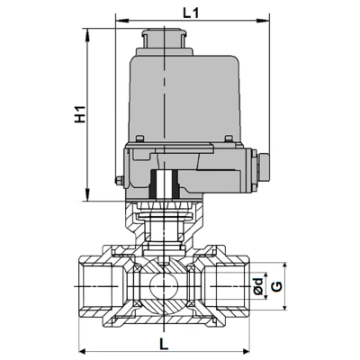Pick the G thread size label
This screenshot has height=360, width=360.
pyautogui.click(x=277, y=286)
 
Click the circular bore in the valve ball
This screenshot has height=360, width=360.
pyautogui.click(x=163, y=287)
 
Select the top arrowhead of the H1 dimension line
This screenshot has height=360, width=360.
pyautogui.click(x=87, y=31)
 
